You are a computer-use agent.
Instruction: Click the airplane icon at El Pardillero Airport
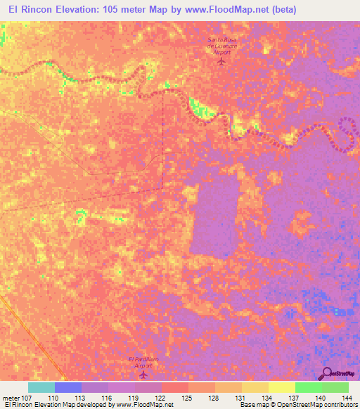click(x=144, y=373)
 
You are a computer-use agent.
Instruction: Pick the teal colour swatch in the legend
click(x=41, y=387)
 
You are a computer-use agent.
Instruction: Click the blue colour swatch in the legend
click(x=68, y=387)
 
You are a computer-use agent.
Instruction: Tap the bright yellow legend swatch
click(x=282, y=387)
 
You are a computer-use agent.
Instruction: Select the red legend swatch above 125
click(x=175, y=387)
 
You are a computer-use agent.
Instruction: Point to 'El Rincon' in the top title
click(x=29, y=9)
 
